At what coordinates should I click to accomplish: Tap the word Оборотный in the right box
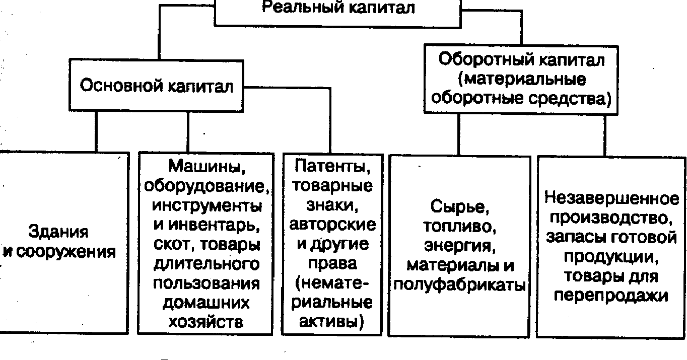(486, 59)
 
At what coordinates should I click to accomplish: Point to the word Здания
(58, 232)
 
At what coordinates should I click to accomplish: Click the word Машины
(207, 167)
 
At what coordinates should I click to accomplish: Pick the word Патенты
(332, 167)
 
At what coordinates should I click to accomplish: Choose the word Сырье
(459, 206)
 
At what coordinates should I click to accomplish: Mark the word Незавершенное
(611, 198)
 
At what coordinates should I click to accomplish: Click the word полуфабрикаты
(459, 285)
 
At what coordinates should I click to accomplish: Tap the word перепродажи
(611, 296)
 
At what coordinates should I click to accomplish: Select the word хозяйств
(206, 322)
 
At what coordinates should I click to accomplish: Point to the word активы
(331, 321)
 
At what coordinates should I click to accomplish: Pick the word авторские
(332, 225)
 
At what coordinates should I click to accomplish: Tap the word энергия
(459, 246)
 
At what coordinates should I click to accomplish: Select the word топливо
(459, 226)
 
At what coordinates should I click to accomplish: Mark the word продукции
(611, 256)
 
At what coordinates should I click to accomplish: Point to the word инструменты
(207, 206)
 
